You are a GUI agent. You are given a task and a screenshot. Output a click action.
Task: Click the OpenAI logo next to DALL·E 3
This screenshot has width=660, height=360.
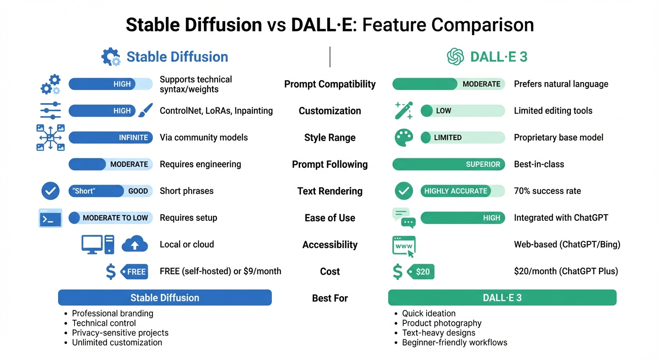point(455,57)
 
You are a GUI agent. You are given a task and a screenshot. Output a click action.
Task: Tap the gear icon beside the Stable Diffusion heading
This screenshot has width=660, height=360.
point(111,57)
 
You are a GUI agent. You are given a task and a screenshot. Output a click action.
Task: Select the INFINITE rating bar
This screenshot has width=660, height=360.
point(111,138)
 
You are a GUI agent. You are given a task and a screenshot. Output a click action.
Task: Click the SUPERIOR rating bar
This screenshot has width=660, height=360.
point(449,165)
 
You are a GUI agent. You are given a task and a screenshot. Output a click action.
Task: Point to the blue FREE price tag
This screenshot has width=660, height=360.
point(134,272)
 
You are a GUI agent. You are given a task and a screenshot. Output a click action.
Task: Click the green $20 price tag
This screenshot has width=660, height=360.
point(421,272)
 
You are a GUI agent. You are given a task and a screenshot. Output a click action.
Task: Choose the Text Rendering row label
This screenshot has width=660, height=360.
point(330,191)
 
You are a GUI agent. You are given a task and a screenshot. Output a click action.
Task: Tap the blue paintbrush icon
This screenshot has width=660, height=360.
point(145,111)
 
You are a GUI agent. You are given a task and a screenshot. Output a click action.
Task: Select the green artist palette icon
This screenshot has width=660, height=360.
point(403,138)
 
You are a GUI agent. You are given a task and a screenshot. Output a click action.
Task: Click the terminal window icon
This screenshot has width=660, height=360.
point(50,218)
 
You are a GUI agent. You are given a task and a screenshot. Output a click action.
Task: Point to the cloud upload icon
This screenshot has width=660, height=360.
point(135,245)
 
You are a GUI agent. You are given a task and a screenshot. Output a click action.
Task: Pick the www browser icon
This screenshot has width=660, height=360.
point(404,246)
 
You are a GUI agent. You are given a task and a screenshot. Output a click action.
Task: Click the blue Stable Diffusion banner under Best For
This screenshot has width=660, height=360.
point(165,298)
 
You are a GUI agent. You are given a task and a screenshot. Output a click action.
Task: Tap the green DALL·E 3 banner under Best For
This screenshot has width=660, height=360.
point(502,298)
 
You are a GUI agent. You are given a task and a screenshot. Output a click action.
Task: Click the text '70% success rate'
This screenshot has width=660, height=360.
point(547,191)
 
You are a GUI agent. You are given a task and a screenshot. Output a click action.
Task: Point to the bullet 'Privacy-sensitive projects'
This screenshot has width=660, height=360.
point(120,333)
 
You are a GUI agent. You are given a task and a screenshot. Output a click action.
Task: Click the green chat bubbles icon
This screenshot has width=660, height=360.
point(404,218)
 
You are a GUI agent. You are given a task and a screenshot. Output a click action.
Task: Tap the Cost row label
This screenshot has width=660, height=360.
point(330,271)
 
